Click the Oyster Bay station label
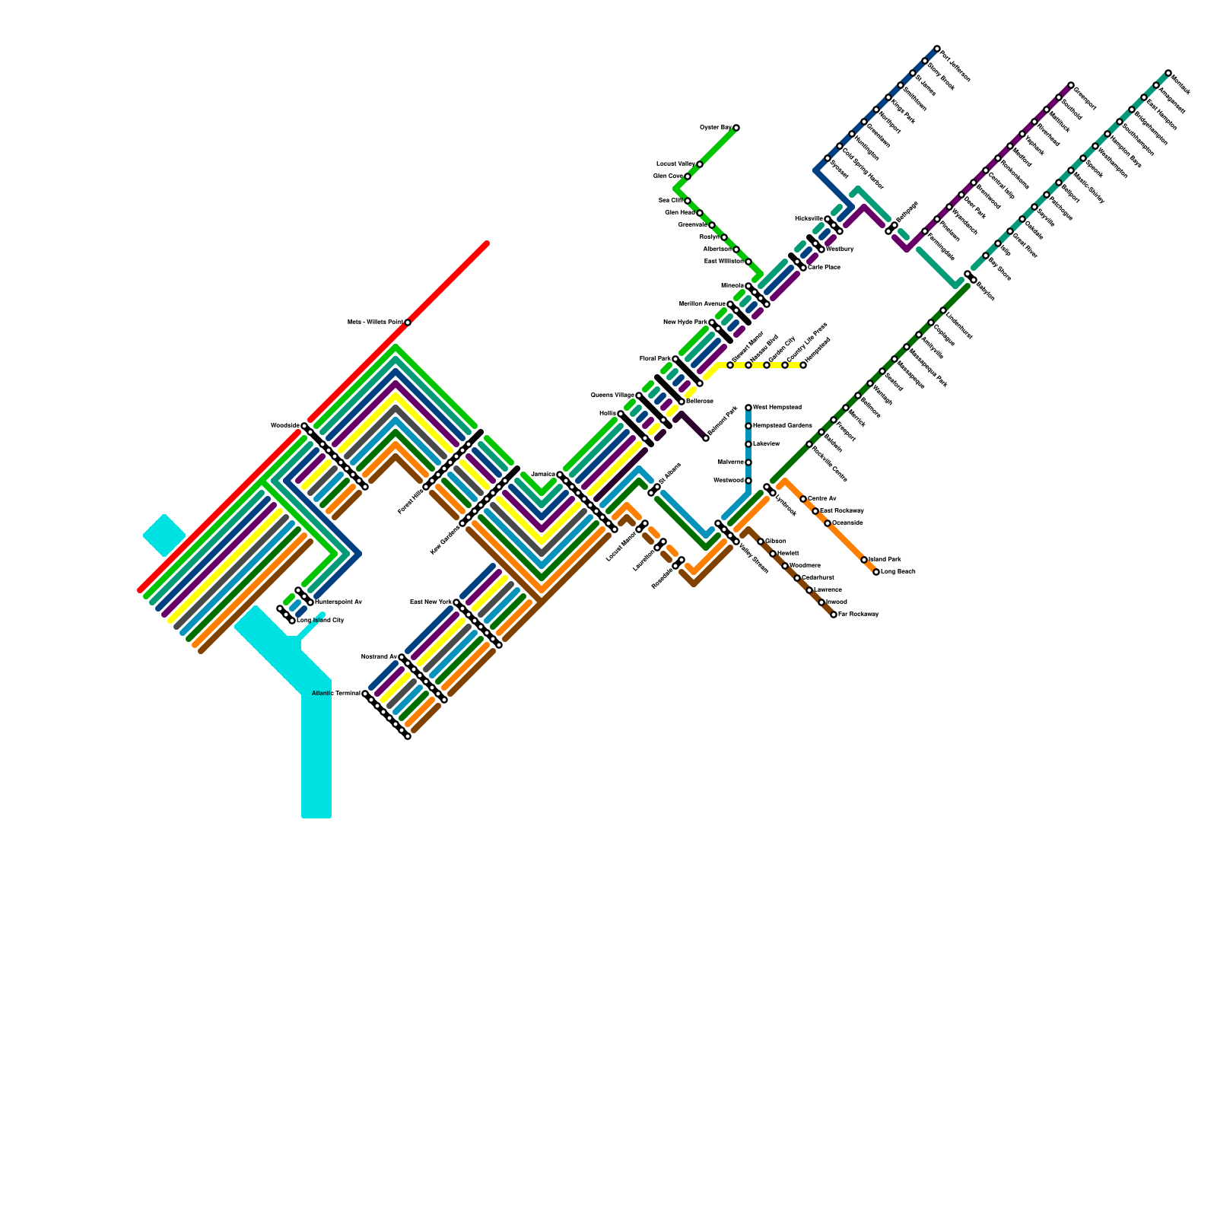(x=715, y=127)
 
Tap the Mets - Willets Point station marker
(x=408, y=323)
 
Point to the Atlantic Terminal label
(x=336, y=694)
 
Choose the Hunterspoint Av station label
(x=338, y=602)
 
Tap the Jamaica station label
(x=543, y=475)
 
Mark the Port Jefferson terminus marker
(x=937, y=49)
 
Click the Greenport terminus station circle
(x=1071, y=85)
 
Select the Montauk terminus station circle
(x=1168, y=73)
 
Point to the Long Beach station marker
(x=876, y=572)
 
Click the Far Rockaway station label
(x=859, y=615)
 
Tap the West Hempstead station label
(x=777, y=408)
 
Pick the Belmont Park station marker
(x=706, y=438)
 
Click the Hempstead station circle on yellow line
(x=803, y=365)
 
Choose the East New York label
(x=431, y=602)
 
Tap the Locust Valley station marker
(x=700, y=164)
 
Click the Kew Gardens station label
(x=445, y=539)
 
